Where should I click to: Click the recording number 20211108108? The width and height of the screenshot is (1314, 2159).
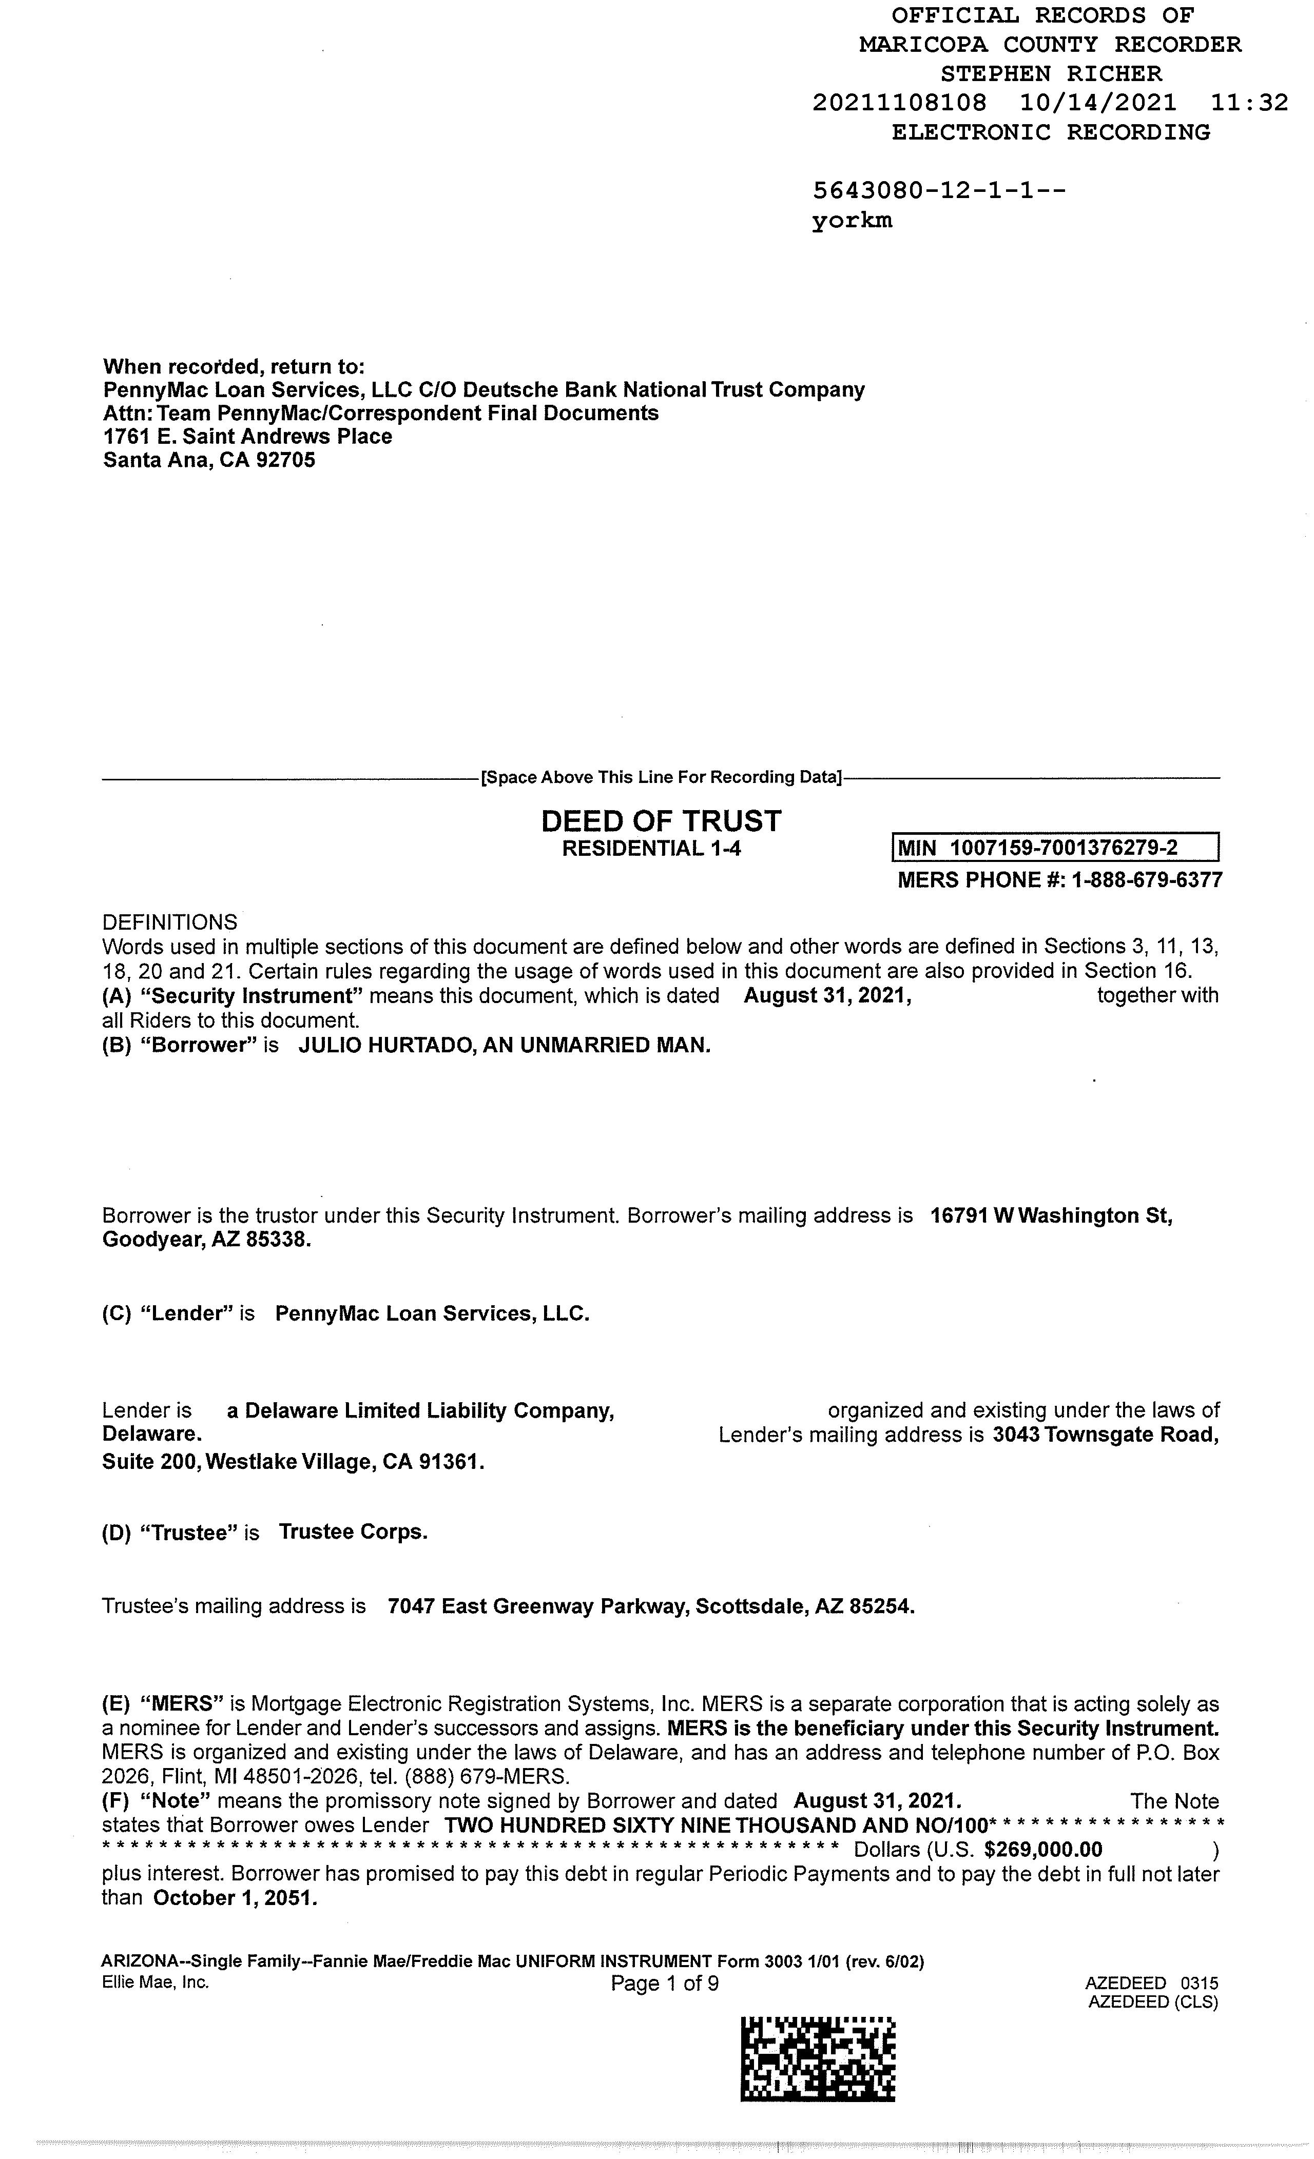pyautogui.click(x=899, y=104)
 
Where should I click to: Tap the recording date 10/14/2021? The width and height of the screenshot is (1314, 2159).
pyautogui.click(x=1097, y=104)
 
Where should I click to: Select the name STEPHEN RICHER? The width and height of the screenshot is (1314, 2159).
pyautogui.click(x=1051, y=73)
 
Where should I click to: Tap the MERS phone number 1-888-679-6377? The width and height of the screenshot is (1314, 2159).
pyautogui.click(x=1146, y=880)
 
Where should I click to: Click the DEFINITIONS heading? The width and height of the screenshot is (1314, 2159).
pyautogui.click(x=169, y=922)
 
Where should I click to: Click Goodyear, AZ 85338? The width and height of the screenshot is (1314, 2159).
pyautogui.click(x=206, y=1240)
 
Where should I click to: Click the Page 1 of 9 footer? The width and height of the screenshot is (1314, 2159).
pyautogui.click(x=665, y=1983)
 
